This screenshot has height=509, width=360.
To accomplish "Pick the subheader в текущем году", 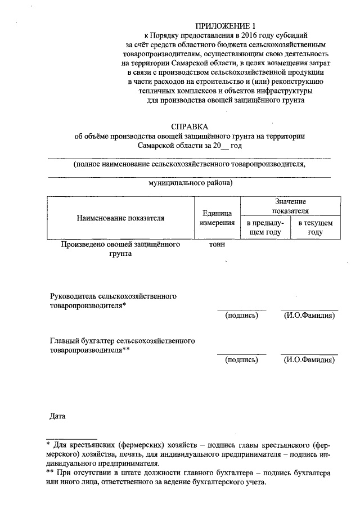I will (x=315, y=228).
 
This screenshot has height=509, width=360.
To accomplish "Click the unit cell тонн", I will (x=217, y=245).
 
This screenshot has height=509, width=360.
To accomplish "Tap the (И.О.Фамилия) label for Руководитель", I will (x=309, y=316).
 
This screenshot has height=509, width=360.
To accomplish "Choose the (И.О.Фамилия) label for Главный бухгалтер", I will (x=309, y=361).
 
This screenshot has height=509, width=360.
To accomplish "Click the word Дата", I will (x=58, y=417).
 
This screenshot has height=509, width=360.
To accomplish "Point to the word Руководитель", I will (x=73, y=295).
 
